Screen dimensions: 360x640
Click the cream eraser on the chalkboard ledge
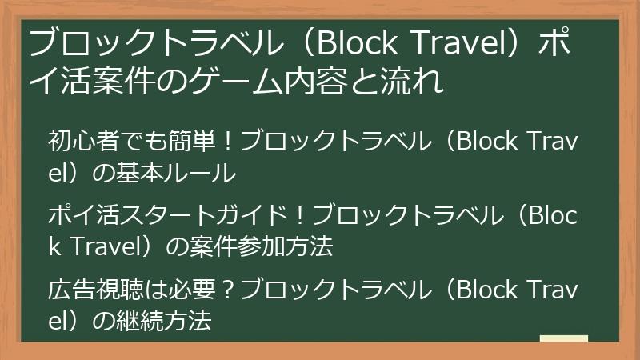point(563,338)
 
